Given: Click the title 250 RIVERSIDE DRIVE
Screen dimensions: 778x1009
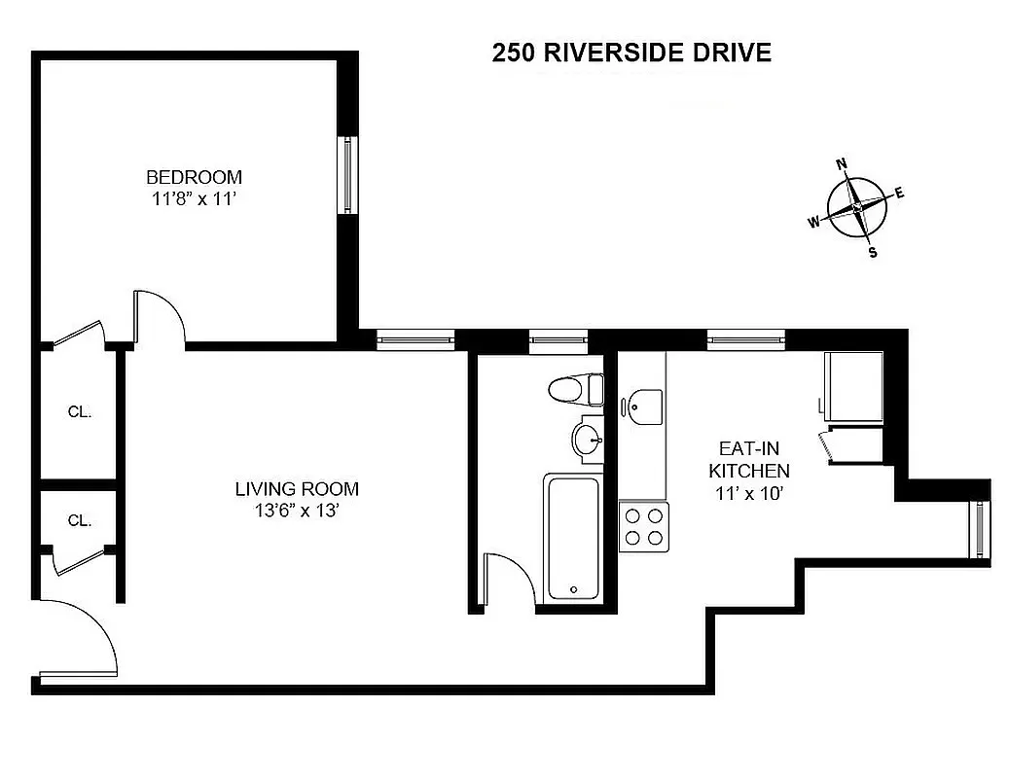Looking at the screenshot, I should coord(631,53).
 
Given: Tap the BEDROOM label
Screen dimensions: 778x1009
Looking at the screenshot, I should coord(194,177).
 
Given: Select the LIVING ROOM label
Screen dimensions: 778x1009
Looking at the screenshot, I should coord(297,489).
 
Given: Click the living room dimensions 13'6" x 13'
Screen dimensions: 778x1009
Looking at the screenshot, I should coord(297,511).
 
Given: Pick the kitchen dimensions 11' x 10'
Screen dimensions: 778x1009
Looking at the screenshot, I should coord(748,493).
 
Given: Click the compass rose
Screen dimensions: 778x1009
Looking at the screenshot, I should coord(857,207).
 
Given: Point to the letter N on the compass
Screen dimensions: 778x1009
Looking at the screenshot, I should coord(843,163).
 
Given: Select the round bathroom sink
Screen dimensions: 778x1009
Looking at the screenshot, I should coord(588,440).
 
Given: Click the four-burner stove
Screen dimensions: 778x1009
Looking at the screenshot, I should coord(643,526).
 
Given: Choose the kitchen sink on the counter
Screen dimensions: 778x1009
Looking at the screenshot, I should coord(642,406).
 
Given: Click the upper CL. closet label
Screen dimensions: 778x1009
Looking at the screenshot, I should coord(80,411).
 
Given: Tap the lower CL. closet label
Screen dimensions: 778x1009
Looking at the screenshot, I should coord(80,520).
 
